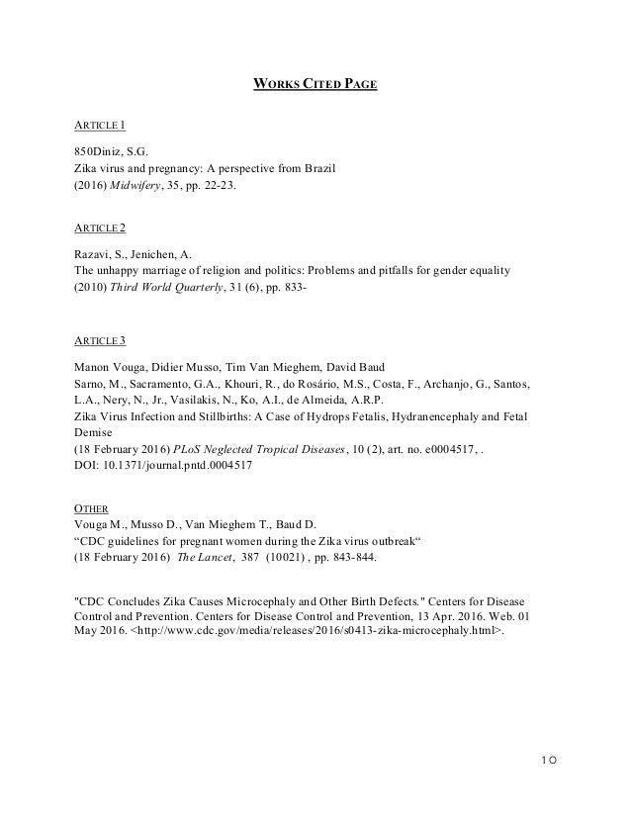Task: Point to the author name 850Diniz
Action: click(x=101, y=151)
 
